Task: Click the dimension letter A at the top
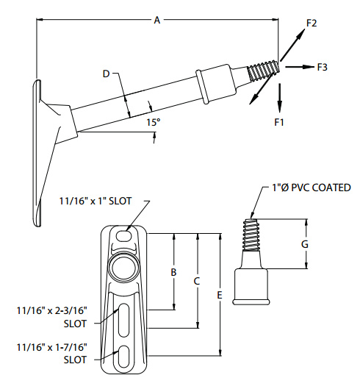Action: point(156,21)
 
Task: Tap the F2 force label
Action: point(312,24)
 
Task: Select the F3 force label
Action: point(322,67)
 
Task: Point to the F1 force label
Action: point(279,121)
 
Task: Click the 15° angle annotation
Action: point(153,123)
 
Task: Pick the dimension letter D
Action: point(106,74)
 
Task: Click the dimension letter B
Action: point(173,272)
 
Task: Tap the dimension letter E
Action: point(220,295)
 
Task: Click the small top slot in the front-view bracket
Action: point(122,237)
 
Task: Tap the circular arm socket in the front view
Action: point(123,265)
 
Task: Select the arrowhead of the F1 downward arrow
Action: point(279,104)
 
